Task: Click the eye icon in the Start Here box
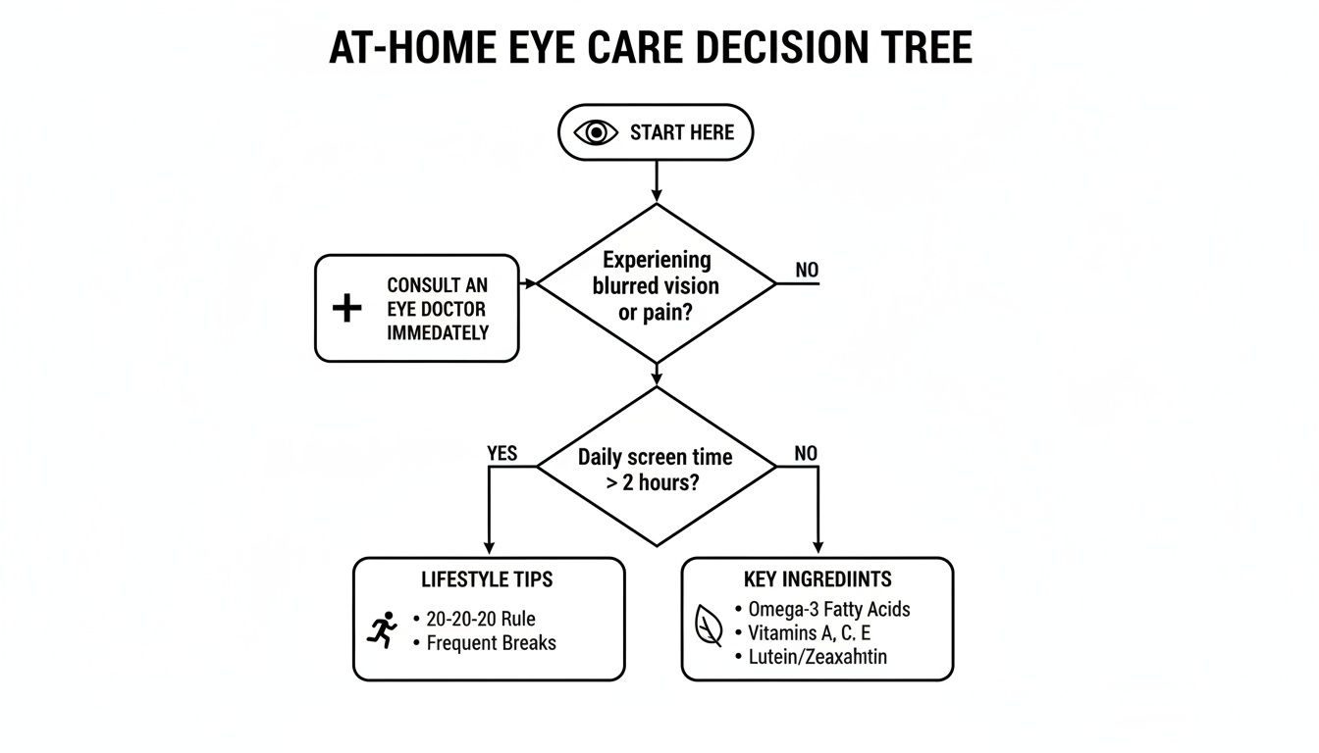click(597, 132)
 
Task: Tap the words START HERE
click(682, 132)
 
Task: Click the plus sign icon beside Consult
click(346, 309)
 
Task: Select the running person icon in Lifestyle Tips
click(382, 629)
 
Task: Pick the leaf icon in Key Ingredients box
click(708, 625)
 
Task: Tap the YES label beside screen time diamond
click(501, 454)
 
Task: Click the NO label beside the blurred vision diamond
click(807, 270)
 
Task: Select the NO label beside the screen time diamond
click(805, 454)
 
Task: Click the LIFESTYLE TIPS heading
click(487, 579)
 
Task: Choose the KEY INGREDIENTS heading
click(818, 579)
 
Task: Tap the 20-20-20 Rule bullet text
click(481, 619)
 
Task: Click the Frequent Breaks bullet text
click(491, 643)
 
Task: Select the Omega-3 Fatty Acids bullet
click(828, 609)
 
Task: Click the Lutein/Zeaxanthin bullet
click(817, 657)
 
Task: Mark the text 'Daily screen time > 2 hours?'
click(655, 470)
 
